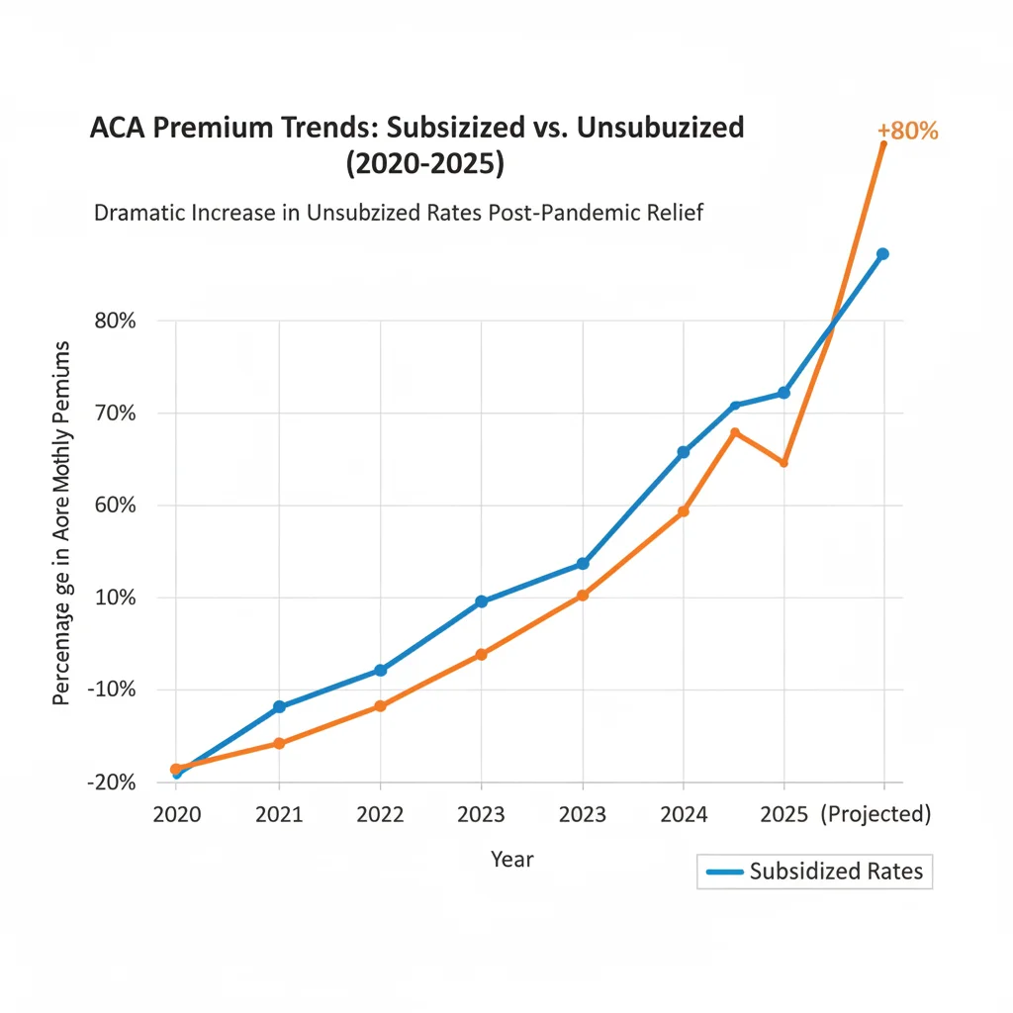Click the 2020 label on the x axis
pyautogui.click(x=177, y=814)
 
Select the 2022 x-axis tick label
pyautogui.click(x=380, y=814)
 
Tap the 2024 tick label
pyautogui.click(x=684, y=814)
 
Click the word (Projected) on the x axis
pyautogui.click(x=876, y=814)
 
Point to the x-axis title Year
pyautogui.click(x=511, y=859)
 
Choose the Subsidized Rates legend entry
pyautogui.click(x=814, y=871)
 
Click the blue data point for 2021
pyautogui.click(x=279, y=706)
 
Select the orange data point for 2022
pyautogui.click(x=380, y=706)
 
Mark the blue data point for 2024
pyautogui.click(x=683, y=452)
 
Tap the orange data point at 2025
pyautogui.click(x=784, y=463)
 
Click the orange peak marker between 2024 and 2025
pyautogui.click(x=735, y=432)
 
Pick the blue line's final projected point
pyautogui.click(x=882, y=254)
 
